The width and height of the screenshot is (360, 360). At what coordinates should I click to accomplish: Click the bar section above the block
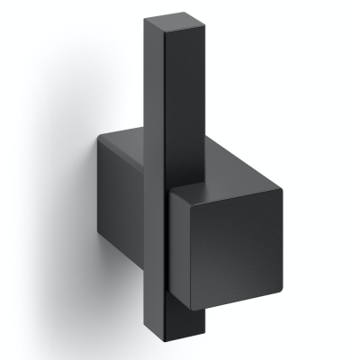click(x=169, y=81)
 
